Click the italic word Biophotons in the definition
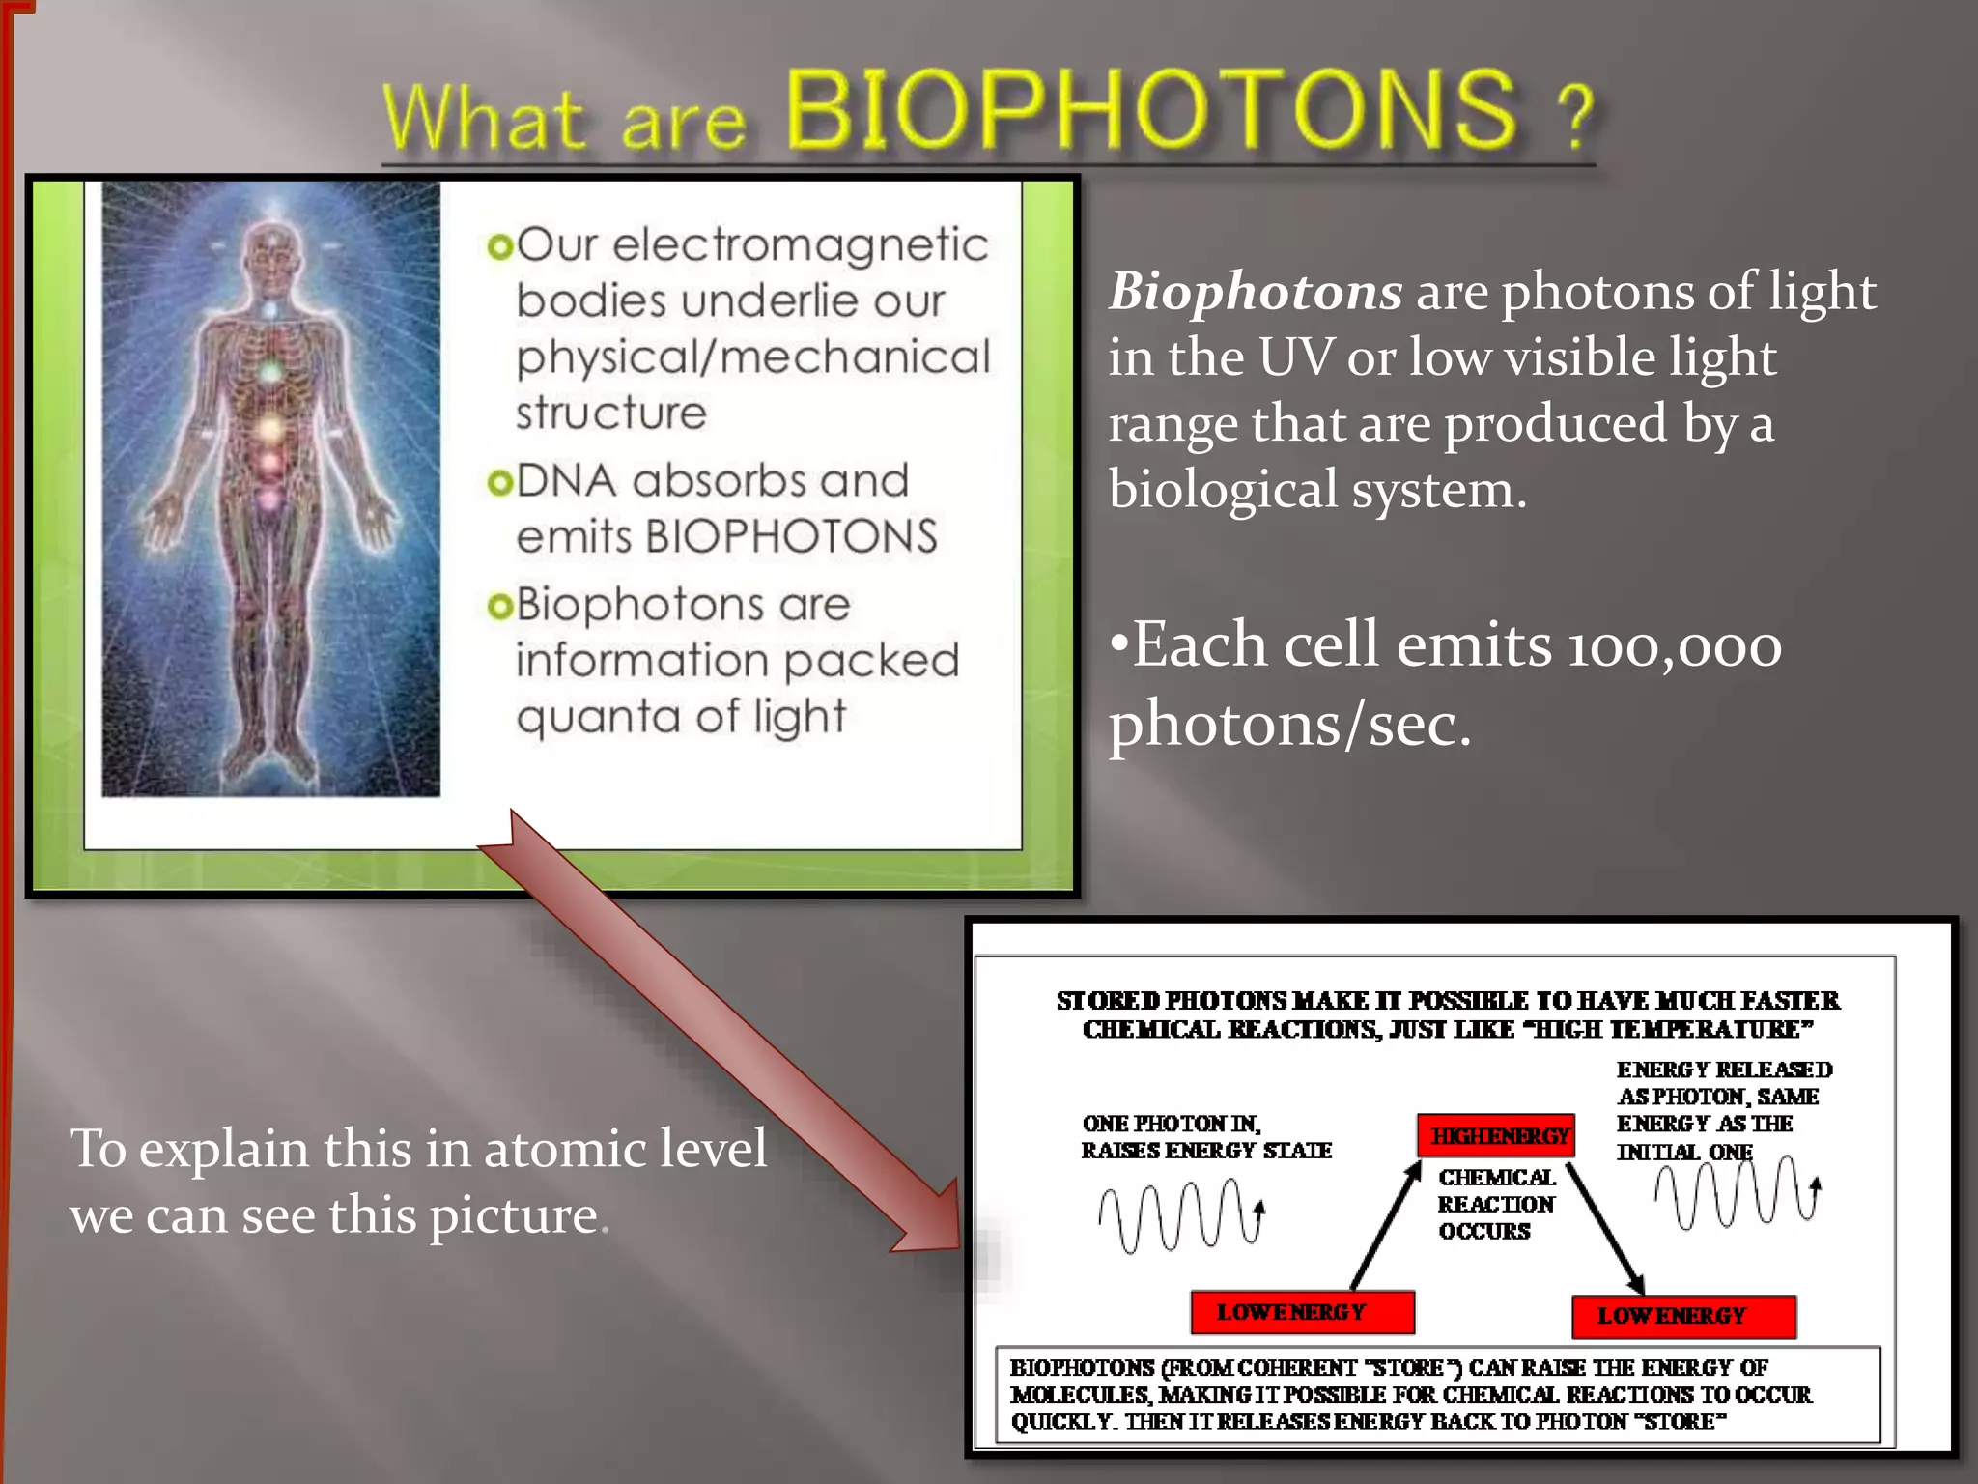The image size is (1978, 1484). point(1255,291)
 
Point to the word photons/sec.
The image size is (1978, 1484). point(1289,725)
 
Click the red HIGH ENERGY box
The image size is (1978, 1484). point(1496,1136)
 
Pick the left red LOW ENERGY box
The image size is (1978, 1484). point(1302,1313)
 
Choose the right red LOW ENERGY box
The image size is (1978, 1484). point(1683,1317)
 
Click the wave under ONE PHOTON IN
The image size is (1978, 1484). point(1180,1215)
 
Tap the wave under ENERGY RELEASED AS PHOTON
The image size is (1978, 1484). point(1735,1194)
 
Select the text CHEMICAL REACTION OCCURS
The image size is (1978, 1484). point(1496,1204)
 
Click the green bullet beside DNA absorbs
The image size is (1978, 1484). point(499,481)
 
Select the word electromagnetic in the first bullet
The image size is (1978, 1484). point(801,245)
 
